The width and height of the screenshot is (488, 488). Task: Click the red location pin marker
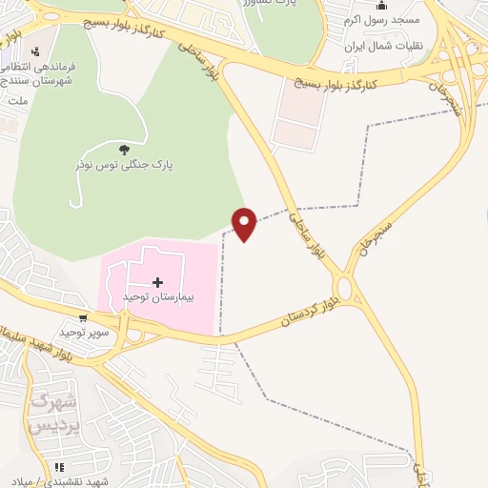(x=245, y=223)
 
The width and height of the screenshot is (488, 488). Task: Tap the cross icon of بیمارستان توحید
(x=157, y=282)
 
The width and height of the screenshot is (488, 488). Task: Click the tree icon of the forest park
(x=124, y=149)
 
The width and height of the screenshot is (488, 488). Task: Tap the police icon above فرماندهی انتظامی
(x=36, y=51)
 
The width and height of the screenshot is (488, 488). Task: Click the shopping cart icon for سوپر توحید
(x=85, y=318)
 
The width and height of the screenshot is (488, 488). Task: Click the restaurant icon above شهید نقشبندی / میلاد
(x=58, y=467)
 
